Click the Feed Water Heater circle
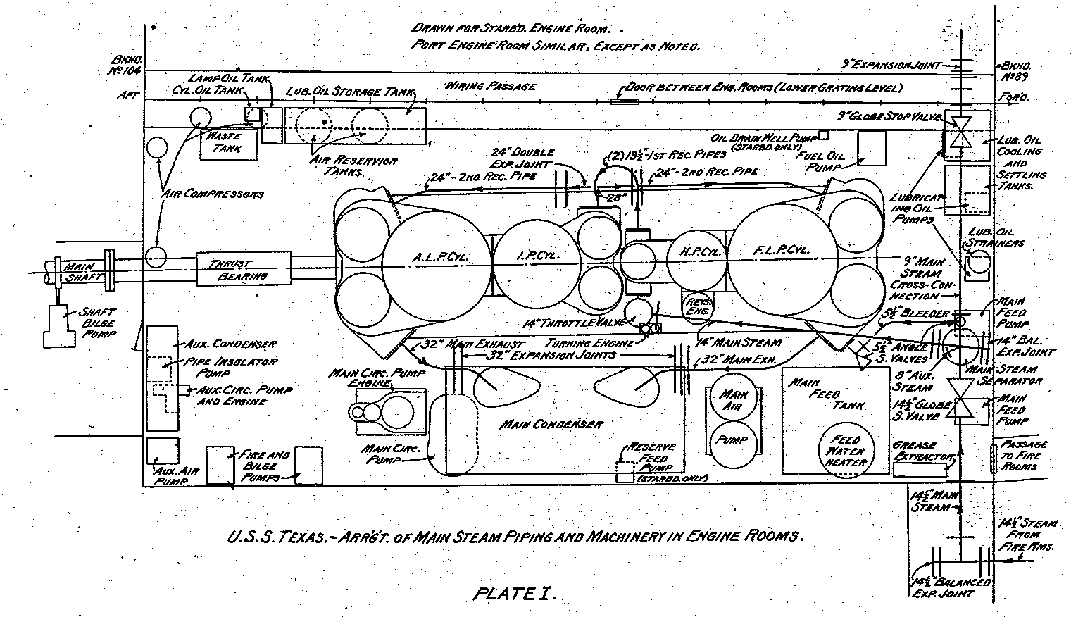pos(846,450)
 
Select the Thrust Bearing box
pos(243,269)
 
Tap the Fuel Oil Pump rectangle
pos(872,149)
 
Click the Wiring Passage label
pos(490,87)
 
